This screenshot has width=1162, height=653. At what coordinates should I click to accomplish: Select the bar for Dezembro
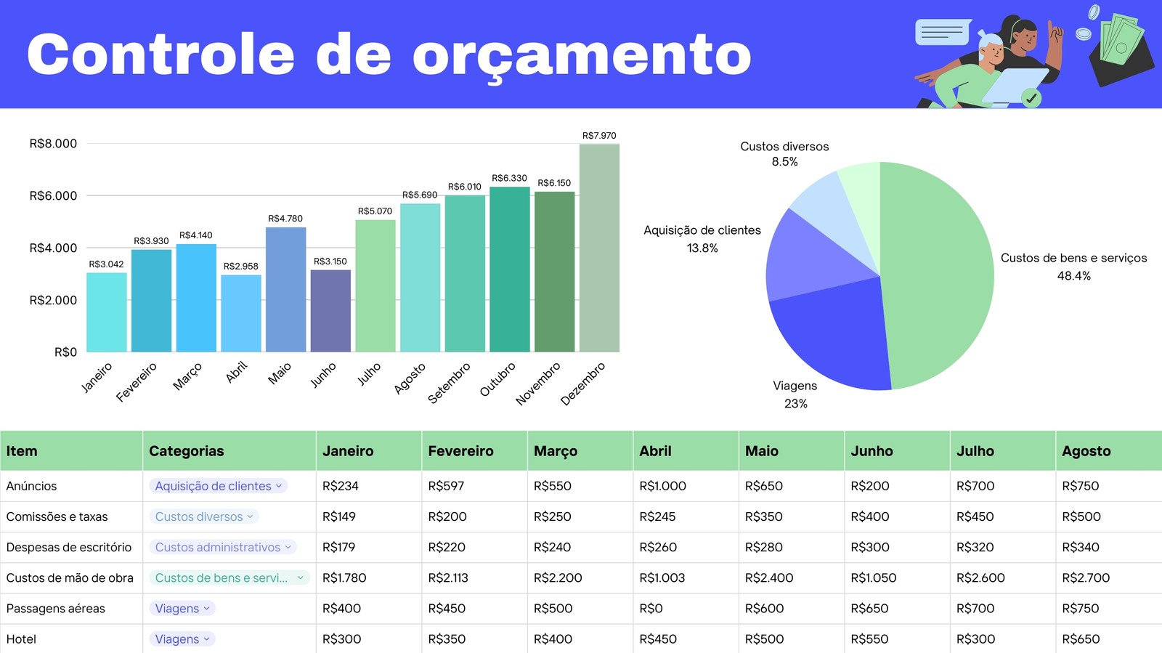pyautogui.click(x=599, y=248)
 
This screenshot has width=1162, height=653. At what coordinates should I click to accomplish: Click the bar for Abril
pyautogui.click(x=240, y=313)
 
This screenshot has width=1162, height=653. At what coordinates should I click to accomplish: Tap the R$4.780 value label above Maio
pyautogui.click(x=285, y=219)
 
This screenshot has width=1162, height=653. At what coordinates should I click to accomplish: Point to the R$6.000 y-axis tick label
pyautogui.click(x=53, y=195)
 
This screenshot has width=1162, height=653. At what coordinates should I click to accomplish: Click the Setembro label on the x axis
pyautogui.click(x=449, y=383)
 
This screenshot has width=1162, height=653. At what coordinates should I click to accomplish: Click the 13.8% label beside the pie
pyautogui.click(x=702, y=248)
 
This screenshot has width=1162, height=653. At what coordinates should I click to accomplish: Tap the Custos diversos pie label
pyautogui.click(x=784, y=147)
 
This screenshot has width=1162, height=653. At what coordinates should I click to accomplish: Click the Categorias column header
pyautogui.click(x=187, y=451)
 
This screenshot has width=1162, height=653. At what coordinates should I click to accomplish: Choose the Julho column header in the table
pyautogui.click(x=975, y=451)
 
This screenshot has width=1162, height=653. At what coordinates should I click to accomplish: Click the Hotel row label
pyautogui.click(x=21, y=639)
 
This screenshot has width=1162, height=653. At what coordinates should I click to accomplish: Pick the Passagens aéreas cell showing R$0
pyautogui.click(x=651, y=609)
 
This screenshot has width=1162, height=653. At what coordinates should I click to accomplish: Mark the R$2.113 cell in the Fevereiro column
pyautogui.click(x=448, y=578)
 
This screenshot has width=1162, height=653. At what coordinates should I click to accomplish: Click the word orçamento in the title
pyautogui.click(x=582, y=55)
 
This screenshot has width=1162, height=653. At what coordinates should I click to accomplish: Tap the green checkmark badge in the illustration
pyautogui.click(x=1031, y=97)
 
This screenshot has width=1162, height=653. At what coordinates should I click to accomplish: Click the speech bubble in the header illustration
pyautogui.click(x=943, y=32)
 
